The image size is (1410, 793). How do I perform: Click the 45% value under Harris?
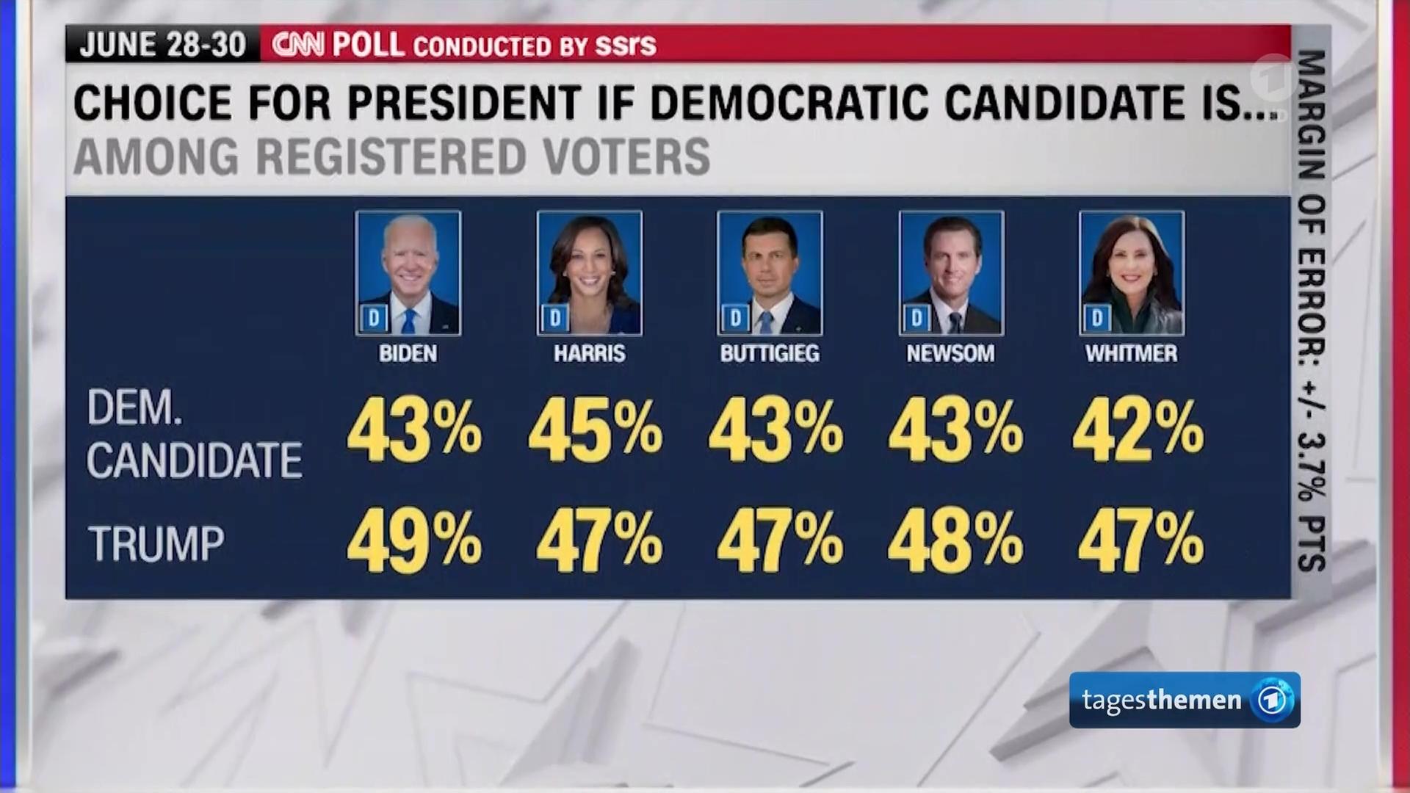click(595, 430)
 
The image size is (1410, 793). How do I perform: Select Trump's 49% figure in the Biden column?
click(414, 541)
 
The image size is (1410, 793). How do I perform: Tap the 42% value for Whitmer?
click(1138, 430)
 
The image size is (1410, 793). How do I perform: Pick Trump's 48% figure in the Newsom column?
click(955, 541)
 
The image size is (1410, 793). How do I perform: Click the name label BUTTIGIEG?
click(769, 354)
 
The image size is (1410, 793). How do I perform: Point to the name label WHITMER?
click(1131, 354)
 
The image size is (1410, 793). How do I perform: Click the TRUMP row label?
click(156, 544)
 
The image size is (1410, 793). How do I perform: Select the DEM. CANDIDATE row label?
click(194, 434)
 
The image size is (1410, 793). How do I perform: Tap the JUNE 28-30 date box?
click(162, 45)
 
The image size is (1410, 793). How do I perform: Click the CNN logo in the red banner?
click(297, 45)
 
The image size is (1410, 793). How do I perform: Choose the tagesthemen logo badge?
click(1184, 700)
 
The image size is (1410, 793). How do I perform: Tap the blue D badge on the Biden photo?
click(374, 318)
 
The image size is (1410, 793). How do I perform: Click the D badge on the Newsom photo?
click(916, 318)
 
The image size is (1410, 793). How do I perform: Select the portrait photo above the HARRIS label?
click(589, 273)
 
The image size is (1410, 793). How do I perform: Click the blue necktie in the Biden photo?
click(408, 321)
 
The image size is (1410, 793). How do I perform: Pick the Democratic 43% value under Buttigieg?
click(775, 430)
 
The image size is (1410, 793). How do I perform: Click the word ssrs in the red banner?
click(625, 45)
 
